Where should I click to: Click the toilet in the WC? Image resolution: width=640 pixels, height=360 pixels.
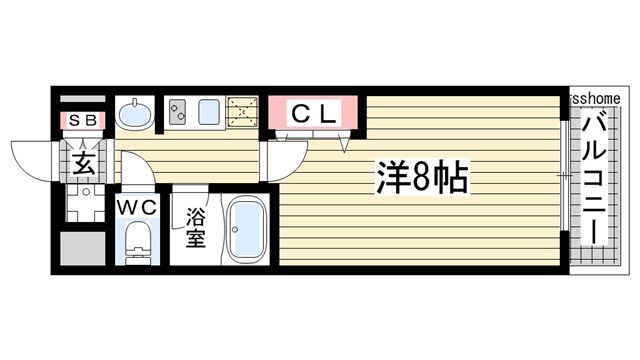138,242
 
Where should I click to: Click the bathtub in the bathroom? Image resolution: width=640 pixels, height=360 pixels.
246,229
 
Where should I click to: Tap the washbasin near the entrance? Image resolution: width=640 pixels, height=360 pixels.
134,115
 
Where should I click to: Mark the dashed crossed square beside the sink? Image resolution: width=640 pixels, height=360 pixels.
244,113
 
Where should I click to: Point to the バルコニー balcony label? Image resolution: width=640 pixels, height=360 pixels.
595,178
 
